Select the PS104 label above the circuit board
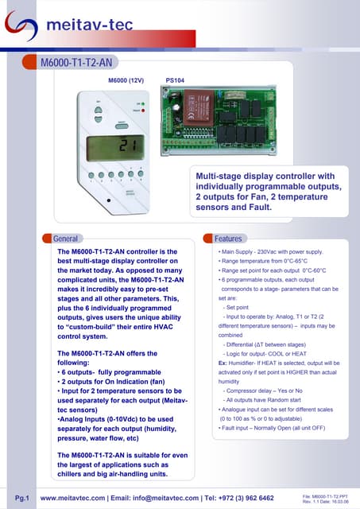coord(175,80)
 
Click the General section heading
coord(64,238)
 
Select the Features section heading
coord(228,238)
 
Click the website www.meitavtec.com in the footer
coord(74,499)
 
